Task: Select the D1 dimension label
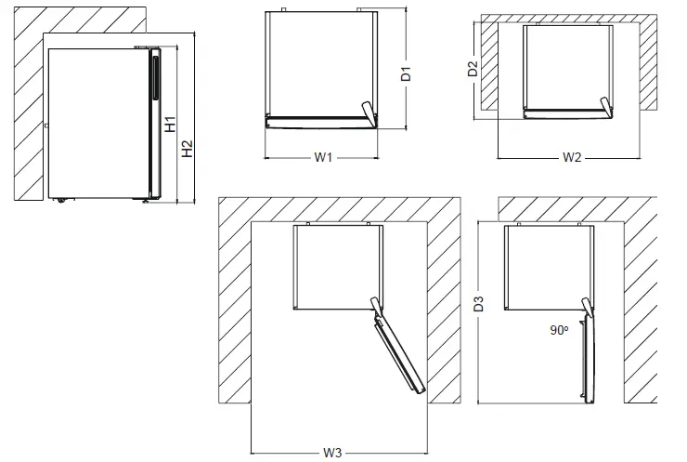tap(406, 73)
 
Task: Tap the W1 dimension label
tap(322, 157)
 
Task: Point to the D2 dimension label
tap(473, 69)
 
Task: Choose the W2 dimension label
tap(572, 157)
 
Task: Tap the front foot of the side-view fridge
tap(145, 200)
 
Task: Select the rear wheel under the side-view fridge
tap(61, 199)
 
